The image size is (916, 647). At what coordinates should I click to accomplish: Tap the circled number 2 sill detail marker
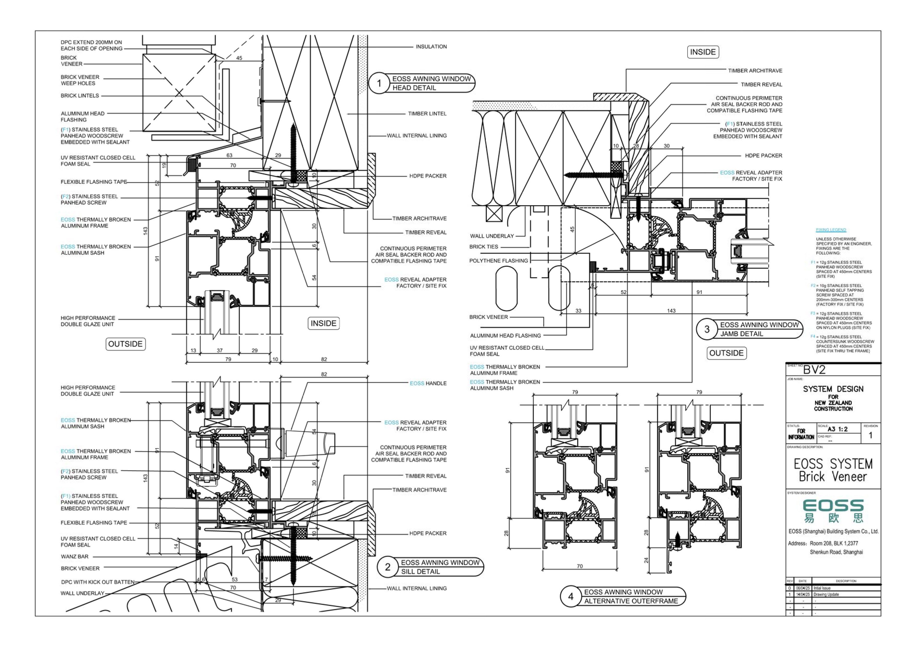387,567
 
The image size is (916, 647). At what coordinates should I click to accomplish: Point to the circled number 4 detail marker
570,596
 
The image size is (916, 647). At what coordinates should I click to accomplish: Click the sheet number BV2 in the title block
814,370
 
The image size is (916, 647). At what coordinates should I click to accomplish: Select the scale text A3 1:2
837,429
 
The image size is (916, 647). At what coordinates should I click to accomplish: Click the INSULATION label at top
431,47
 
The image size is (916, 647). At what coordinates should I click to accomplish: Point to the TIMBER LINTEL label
427,114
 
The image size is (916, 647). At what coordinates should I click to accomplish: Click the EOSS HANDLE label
428,384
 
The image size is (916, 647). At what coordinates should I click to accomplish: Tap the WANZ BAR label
75,557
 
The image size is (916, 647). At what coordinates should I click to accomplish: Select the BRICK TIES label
483,247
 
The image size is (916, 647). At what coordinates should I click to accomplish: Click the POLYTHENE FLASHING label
498,261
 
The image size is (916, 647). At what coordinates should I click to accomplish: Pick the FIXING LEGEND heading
831,230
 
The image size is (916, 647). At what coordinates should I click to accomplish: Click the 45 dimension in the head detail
239,58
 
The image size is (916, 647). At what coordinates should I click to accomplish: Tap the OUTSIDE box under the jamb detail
726,353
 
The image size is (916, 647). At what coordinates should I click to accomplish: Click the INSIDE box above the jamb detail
702,52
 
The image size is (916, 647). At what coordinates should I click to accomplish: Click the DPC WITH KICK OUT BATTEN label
98,582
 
